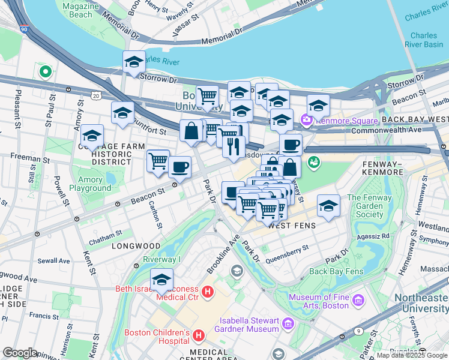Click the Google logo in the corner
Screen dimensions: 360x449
coord(20,352)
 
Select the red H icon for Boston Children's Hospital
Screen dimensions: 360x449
coord(199,334)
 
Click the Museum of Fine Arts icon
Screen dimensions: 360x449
coord(358,299)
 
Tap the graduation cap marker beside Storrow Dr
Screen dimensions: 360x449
coord(134,61)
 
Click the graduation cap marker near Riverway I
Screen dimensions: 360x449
coord(161,279)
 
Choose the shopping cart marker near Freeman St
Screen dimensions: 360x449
coord(158,160)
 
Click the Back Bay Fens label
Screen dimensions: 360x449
coord(336,271)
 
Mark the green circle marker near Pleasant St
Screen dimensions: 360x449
coord(45,72)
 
